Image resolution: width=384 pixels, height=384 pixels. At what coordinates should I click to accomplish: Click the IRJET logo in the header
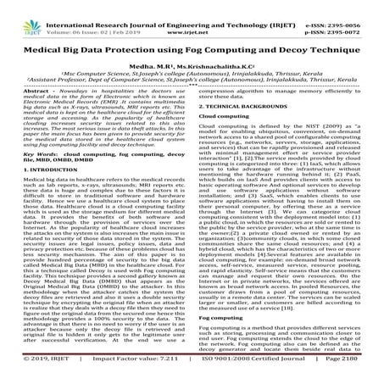click(x=23, y=11)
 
